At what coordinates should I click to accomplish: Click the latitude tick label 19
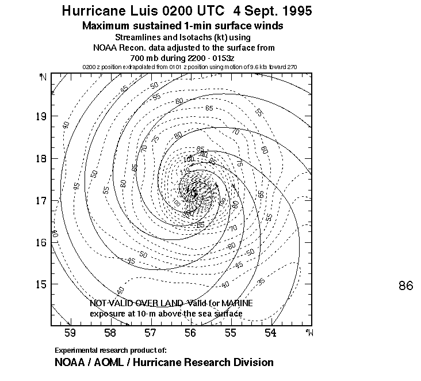coord(41,116)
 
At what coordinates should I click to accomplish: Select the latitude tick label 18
coord(41,158)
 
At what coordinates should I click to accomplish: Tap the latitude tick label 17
coord(41,201)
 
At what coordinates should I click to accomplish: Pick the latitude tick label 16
coord(41,242)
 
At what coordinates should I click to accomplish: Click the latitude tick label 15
coord(41,284)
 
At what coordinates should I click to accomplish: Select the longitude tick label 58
coord(110,333)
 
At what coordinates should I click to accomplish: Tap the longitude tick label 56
coord(190,333)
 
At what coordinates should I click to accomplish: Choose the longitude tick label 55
coord(230,333)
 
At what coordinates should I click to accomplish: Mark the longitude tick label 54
coord(270,333)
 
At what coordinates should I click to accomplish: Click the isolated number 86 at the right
coord(405,285)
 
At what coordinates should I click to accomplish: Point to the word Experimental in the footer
coord(76,350)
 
